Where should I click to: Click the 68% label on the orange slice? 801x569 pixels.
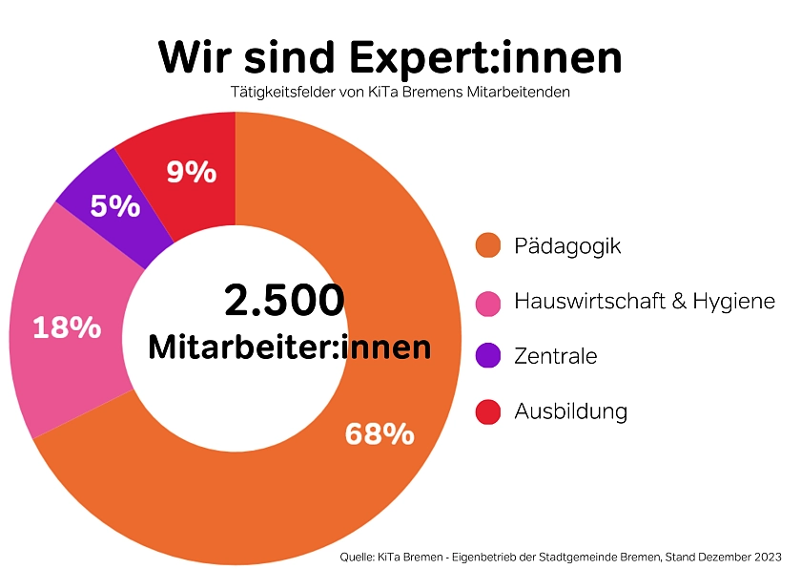pos(380,434)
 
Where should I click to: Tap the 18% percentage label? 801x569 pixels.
pos(67,327)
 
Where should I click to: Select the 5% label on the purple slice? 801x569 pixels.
pos(115,205)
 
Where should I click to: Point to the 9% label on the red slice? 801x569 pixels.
pos(191,172)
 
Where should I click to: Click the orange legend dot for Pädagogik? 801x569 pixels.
pos(488,246)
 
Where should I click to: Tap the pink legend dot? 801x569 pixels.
pos(488,303)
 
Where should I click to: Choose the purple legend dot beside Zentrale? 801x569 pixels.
pos(488,357)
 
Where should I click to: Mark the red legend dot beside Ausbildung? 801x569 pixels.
pos(488,412)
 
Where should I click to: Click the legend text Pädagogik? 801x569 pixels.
pos(567,246)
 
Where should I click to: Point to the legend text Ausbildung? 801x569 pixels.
pos(570,412)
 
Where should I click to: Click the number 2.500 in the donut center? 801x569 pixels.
pos(284,300)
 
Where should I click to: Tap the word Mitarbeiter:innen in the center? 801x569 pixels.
pos(290,347)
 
